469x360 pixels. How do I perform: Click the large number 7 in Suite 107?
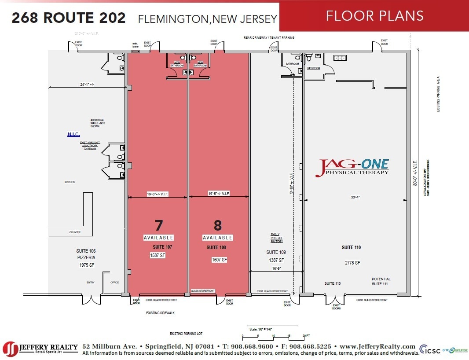tap(158, 225)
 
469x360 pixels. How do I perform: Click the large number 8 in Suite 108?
tap(217, 225)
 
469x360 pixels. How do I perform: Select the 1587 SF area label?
tap(157, 255)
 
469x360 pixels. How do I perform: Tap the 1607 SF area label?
tap(219, 260)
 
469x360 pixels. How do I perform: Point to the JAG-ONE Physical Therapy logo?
tap(352, 168)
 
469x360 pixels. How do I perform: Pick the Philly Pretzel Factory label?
tap(276, 238)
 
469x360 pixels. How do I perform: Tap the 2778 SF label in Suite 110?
tap(352, 263)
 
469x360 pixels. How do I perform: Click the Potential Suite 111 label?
tap(381, 281)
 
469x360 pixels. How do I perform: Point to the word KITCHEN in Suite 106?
tap(69, 182)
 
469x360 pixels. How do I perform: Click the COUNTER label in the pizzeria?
tap(75, 232)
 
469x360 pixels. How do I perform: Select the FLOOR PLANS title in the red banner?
tap(374, 16)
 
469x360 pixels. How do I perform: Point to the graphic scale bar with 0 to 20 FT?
tap(273, 334)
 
